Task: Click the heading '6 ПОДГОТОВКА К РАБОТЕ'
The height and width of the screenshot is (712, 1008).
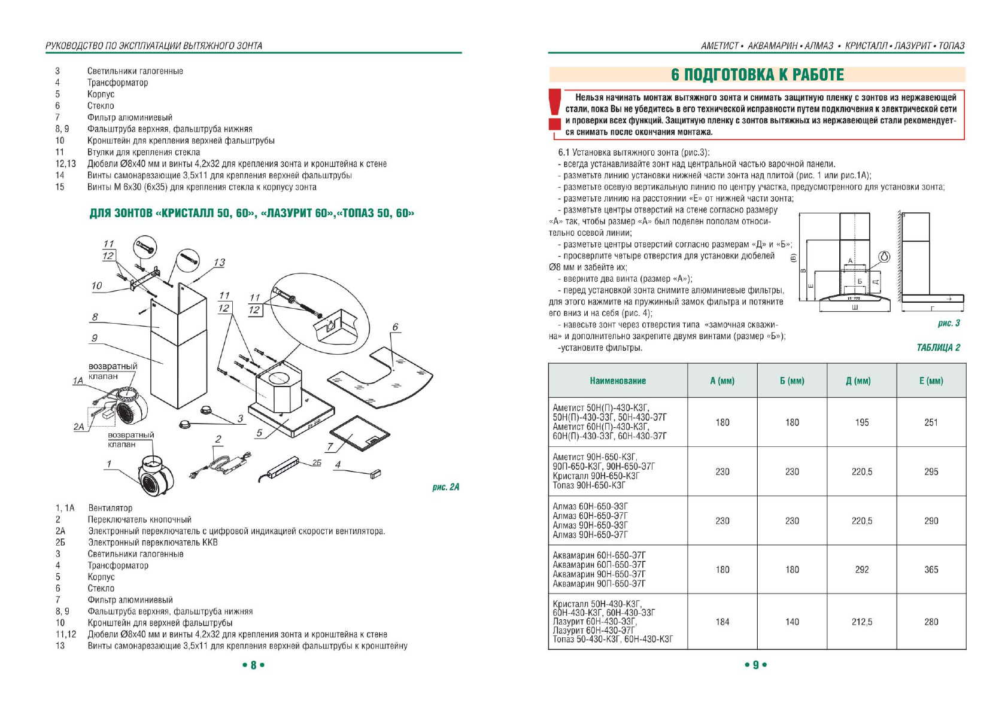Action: [x=757, y=75]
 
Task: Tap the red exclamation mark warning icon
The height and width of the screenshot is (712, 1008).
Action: [x=555, y=109]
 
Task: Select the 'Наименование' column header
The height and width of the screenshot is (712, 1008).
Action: [x=617, y=381]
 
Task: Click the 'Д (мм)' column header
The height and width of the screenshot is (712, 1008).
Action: [x=861, y=381]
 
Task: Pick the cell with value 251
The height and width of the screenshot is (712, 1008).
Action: [x=931, y=422]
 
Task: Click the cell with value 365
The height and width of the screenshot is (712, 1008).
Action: [x=931, y=570]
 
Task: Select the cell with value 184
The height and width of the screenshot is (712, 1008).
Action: [x=722, y=622]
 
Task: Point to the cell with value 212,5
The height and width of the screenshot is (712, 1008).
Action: [x=861, y=622]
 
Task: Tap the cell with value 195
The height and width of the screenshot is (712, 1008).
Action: [x=861, y=422]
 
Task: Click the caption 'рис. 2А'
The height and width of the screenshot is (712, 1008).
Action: [x=445, y=487]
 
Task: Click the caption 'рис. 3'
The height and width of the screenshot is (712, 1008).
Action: [x=948, y=323]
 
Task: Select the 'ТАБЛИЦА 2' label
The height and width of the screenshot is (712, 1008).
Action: [x=938, y=348]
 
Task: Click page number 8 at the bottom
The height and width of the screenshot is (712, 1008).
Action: [x=253, y=665]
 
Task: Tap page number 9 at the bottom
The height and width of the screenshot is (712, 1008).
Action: [x=755, y=665]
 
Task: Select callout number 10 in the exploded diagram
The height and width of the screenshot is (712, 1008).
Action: [x=97, y=286]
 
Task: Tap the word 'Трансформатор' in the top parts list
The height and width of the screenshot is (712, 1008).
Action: [x=117, y=83]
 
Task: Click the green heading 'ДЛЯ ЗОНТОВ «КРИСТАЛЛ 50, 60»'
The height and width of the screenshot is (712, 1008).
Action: [x=251, y=214]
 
